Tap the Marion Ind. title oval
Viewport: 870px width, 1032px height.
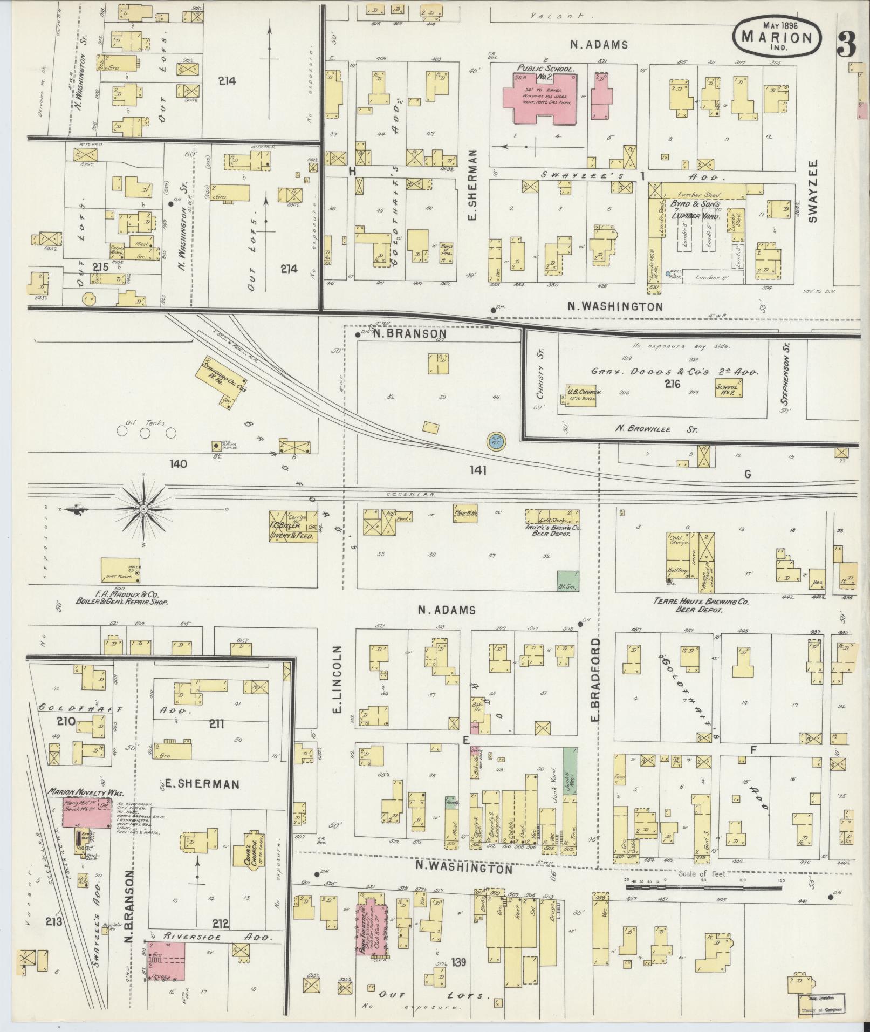(x=777, y=35)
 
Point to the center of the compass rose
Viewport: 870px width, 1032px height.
(x=143, y=509)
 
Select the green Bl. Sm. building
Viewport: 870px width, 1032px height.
(x=567, y=581)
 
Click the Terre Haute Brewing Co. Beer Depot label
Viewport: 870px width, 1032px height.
(x=700, y=605)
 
